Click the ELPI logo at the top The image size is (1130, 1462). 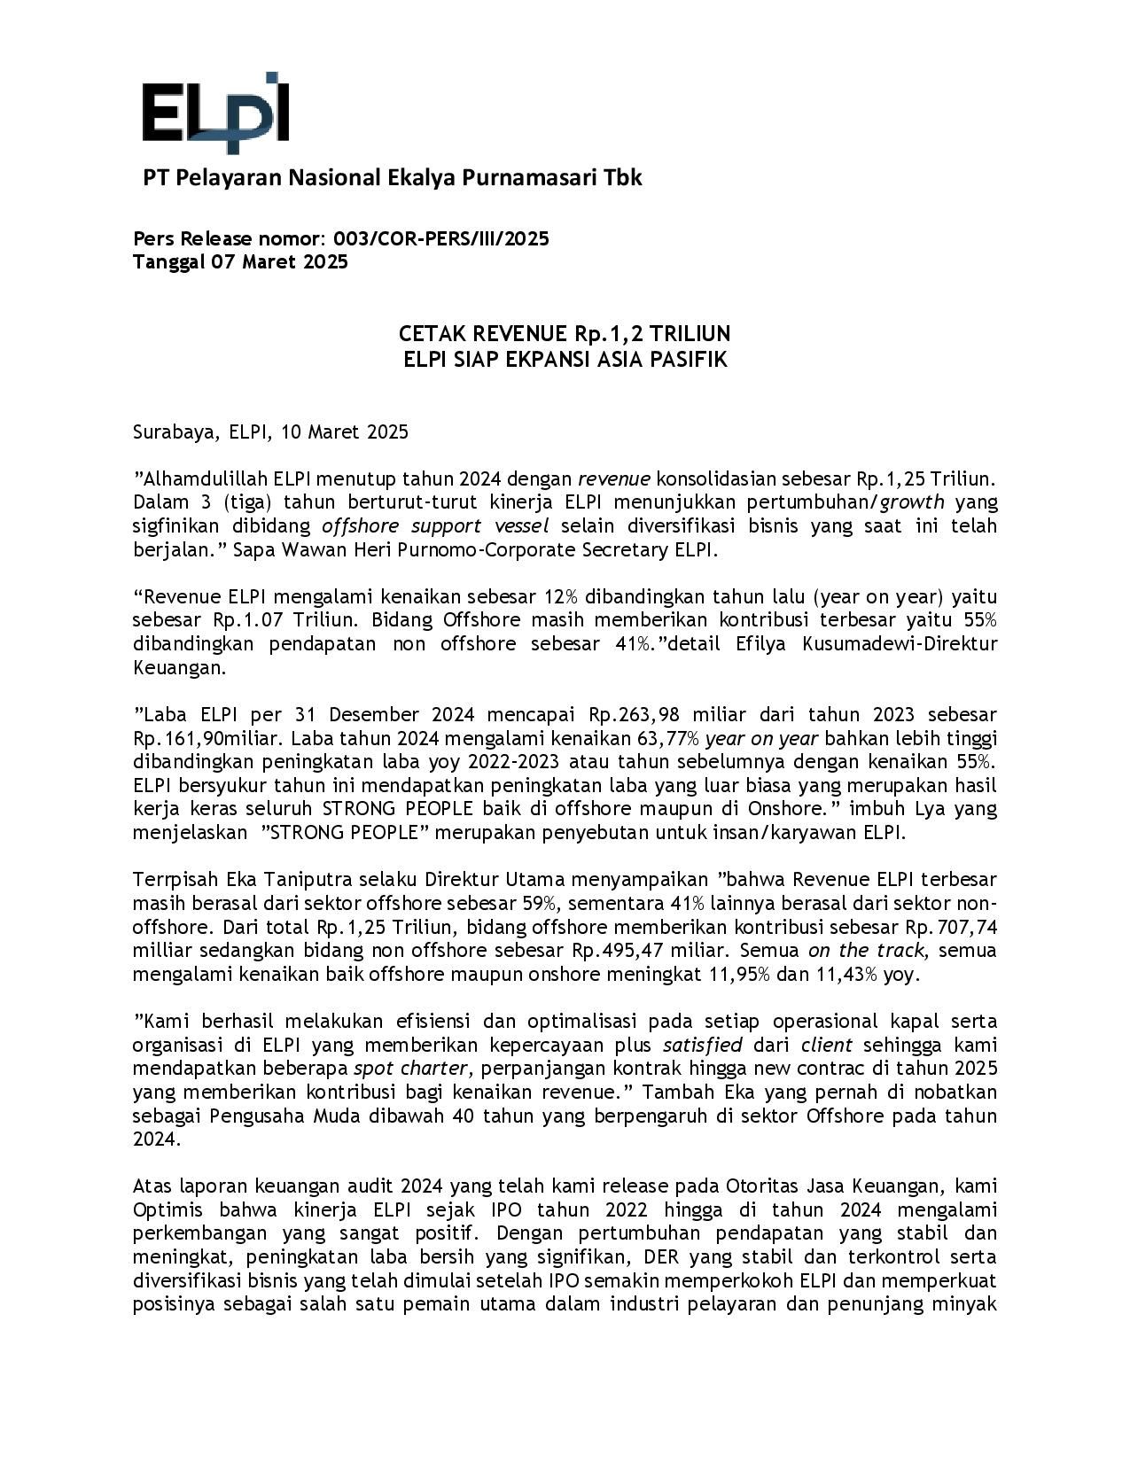[x=215, y=113]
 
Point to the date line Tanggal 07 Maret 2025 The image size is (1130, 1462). [x=240, y=262]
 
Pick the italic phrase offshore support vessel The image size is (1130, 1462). [x=435, y=526]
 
